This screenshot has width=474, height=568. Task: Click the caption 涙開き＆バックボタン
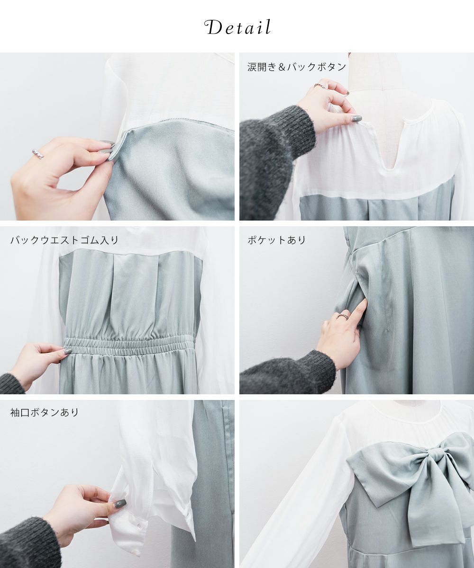[297, 67]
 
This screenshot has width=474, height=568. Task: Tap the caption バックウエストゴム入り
[64, 240]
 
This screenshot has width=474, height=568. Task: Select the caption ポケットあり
[277, 240]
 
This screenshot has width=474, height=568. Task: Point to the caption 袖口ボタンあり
[45, 413]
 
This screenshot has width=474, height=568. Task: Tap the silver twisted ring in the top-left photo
[37, 154]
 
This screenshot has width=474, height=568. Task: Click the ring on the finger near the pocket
[344, 316]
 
